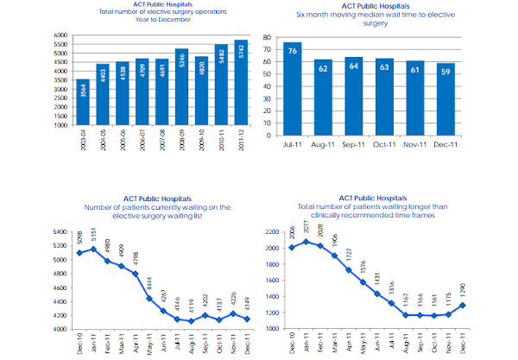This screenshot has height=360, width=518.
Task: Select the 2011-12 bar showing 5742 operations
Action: click(x=240, y=83)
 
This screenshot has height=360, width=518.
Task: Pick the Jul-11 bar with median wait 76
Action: click(x=293, y=84)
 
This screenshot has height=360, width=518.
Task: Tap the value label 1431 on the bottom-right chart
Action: click(x=376, y=277)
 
